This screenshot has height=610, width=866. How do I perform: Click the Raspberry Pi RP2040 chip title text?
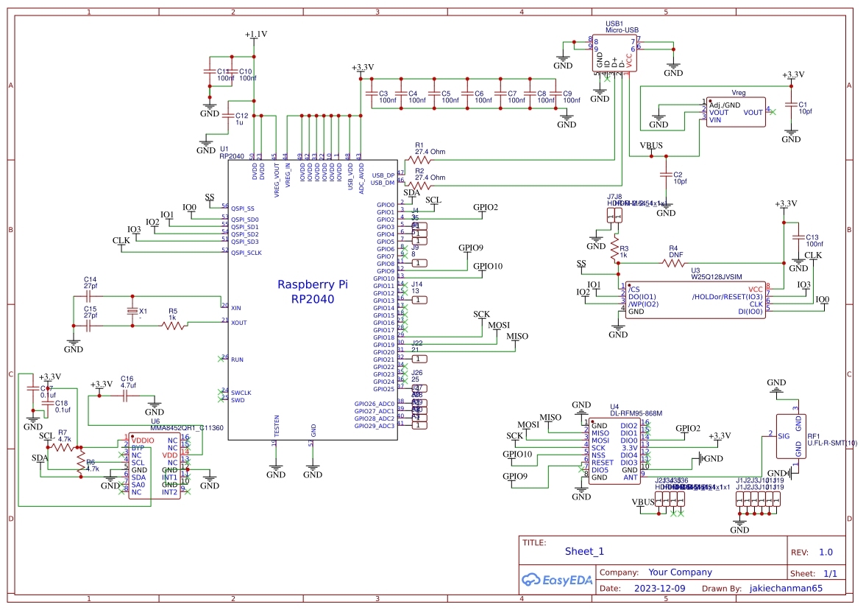click(313, 292)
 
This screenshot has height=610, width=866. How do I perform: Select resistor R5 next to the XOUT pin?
click(174, 323)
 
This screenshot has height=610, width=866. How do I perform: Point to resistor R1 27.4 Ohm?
click(421, 159)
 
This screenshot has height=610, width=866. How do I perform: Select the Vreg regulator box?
click(735, 112)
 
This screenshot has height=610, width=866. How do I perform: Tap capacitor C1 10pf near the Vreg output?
click(791, 105)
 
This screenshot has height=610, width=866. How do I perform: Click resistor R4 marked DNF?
click(672, 262)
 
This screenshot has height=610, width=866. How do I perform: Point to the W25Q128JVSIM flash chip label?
click(716, 278)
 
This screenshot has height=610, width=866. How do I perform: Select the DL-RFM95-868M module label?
click(636, 413)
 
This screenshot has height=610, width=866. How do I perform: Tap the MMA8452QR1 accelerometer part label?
click(187, 427)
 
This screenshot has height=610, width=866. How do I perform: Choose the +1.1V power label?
click(255, 35)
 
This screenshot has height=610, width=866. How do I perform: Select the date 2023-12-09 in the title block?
click(659, 589)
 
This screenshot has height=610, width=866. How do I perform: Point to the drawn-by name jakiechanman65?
click(786, 589)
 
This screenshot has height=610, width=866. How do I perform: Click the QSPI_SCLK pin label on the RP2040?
click(246, 253)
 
